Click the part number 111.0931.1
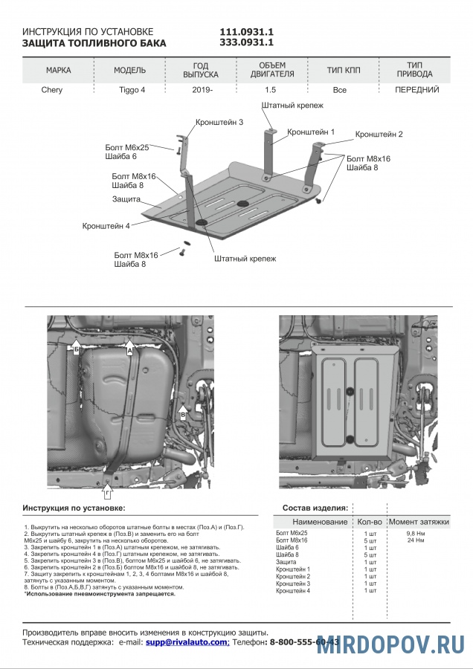(x=247, y=32)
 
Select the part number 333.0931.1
(x=247, y=43)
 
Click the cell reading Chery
(x=51, y=90)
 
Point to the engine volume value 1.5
(x=270, y=90)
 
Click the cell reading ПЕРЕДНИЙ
(x=416, y=90)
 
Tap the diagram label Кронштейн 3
(x=219, y=121)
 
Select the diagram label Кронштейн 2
(x=379, y=135)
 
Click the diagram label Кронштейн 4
(x=106, y=225)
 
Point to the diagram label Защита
(x=126, y=200)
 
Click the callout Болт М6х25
(x=127, y=147)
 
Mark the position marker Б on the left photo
(x=76, y=347)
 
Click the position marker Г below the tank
(x=107, y=493)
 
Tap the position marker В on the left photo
(x=183, y=412)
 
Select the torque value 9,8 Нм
(x=415, y=533)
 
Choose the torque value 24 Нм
(x=415, y=540)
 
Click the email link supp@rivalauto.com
(x=186, y=641)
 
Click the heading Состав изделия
(x=315, y=508)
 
